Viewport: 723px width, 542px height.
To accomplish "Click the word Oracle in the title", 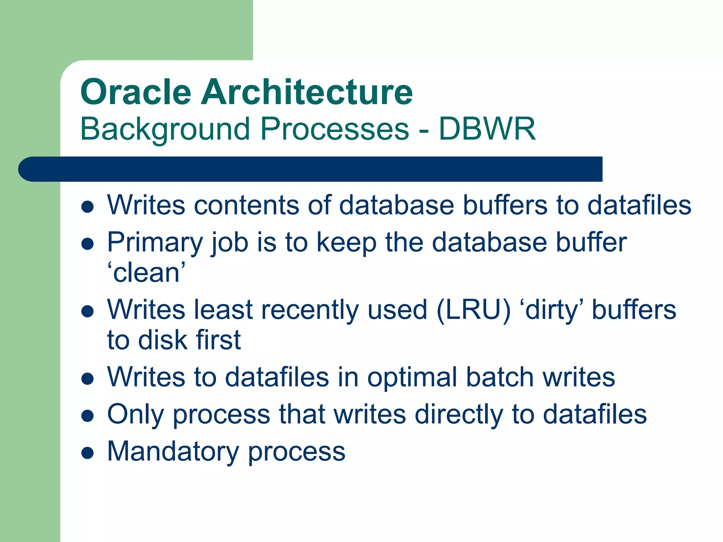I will (x=136, y=92).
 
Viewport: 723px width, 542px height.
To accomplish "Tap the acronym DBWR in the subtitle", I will (x=487, y=129).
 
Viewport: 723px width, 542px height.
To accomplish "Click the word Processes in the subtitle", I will (x=334, y=129).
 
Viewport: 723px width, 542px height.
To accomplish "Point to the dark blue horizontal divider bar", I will (x=311, y=169).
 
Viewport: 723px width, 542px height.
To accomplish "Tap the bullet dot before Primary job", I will (x=87, y=243).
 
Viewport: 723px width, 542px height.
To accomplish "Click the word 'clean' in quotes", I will (x=146, y=273).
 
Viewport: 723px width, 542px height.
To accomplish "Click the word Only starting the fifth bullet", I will (x=136, y=415).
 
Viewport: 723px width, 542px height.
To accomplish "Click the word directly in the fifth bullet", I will (x=459, y=415).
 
